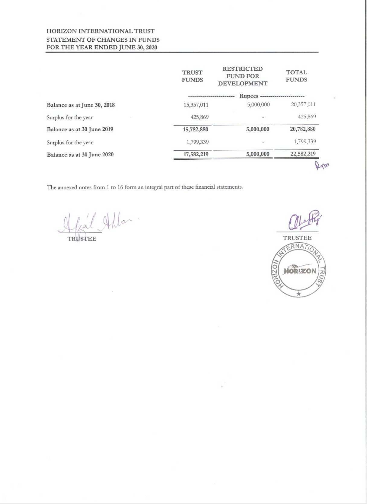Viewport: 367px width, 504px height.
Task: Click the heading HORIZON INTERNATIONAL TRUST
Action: [x=101, y=31]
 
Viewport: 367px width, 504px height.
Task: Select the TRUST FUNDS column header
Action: [x=192, y=76]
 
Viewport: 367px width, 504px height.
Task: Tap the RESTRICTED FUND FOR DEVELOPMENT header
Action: [x=243, y=76]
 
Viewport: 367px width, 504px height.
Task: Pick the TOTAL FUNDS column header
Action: [x=296, y=76]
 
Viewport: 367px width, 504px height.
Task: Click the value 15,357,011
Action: [x=196, y=105]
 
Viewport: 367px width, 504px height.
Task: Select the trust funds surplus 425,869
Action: [x=199, y=117]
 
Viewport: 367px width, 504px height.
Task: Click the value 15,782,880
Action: [x=196, y=129]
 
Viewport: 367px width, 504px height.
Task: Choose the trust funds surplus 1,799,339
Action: [x=197, y=142]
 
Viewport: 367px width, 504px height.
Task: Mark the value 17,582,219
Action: [x=196, y=154]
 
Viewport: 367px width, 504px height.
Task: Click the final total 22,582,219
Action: [x=303, y=154]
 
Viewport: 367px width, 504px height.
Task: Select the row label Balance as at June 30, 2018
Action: [x=81, y=105]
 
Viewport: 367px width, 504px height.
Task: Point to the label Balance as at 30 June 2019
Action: [x=80, y=129]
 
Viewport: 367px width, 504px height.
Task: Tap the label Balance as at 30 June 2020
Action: [x=80, y=155]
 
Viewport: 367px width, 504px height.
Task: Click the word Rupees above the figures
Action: [x=249, y=96]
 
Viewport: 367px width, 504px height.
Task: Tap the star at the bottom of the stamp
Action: [x=298, y=294]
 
